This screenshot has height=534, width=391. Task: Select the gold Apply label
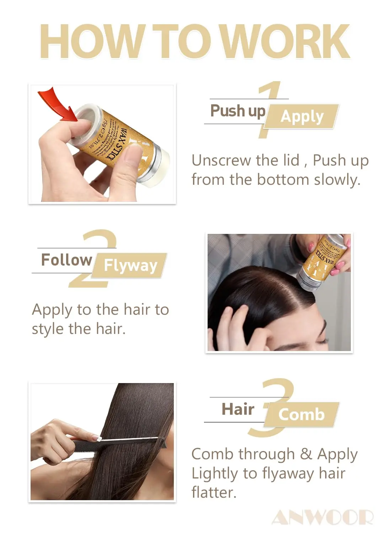click(302, 116)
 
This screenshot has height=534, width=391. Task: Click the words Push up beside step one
click(238, 111)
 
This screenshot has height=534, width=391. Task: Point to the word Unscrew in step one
click(221, 161)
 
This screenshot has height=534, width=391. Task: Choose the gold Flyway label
click(130, 265)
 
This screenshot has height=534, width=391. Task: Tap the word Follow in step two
click(66, 260)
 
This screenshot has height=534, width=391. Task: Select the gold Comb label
click(301, 414)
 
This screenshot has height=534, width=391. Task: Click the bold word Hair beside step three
click(238, 409)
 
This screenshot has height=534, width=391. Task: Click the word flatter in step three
click(214, 492)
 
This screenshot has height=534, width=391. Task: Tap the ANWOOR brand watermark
click(322, 517)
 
